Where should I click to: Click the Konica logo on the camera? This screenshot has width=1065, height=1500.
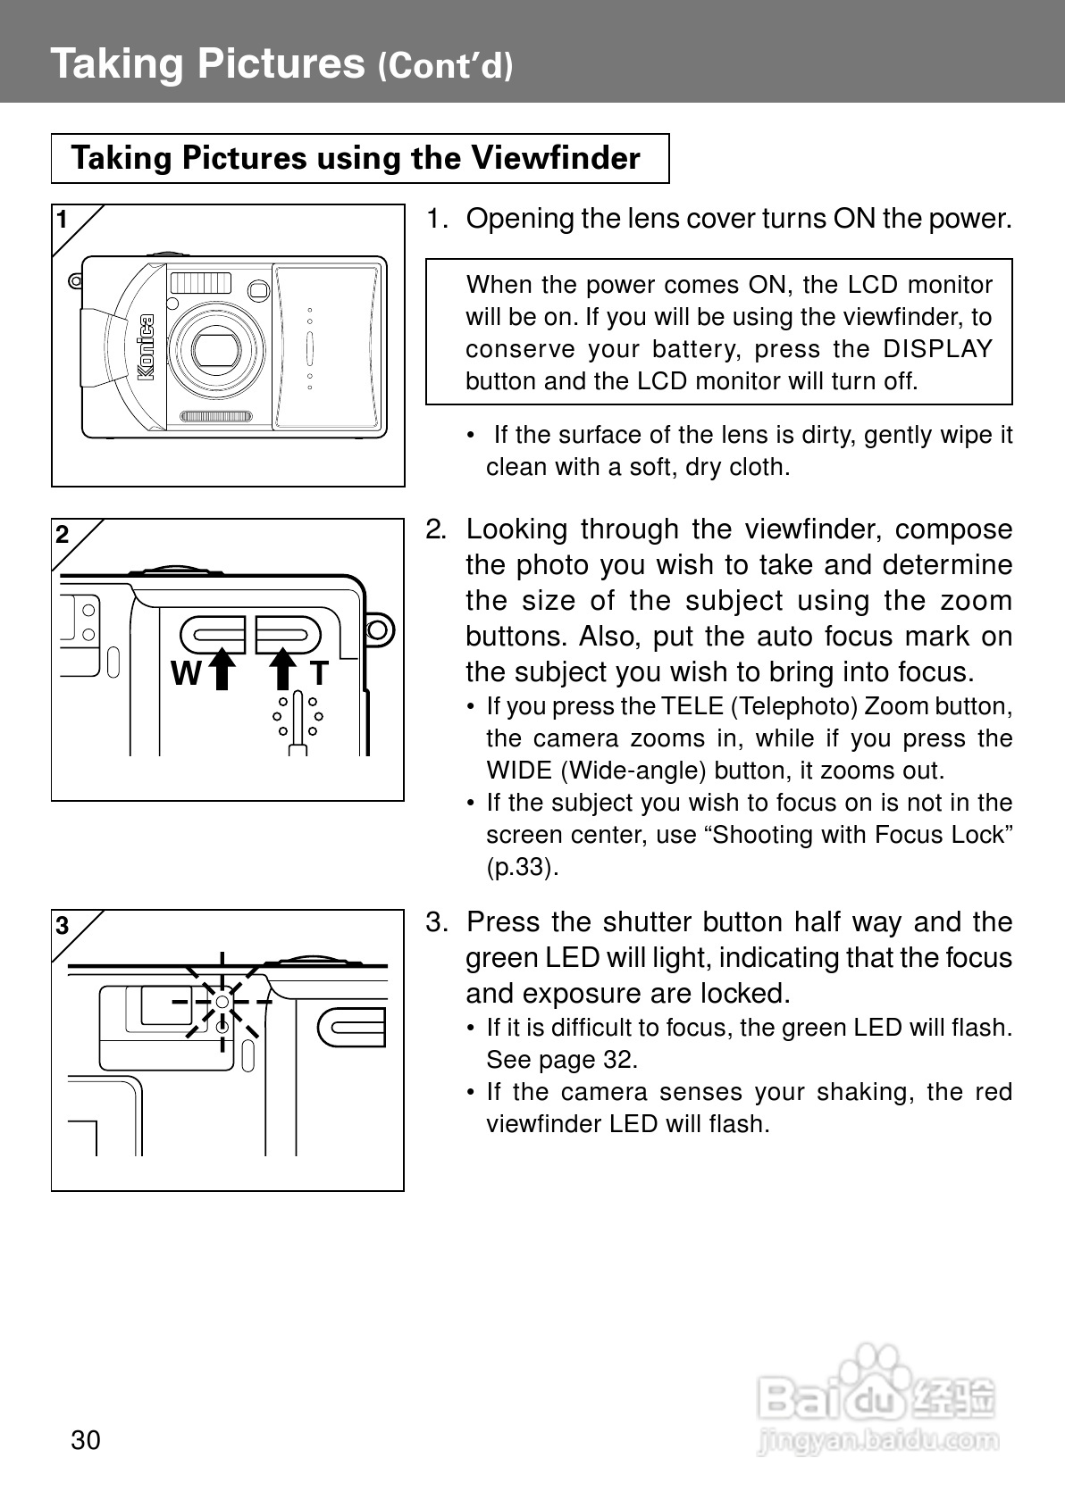(146, 347)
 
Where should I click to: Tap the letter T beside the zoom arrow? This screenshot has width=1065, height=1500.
(319, 673)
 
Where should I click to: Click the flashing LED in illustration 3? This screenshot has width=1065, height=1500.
(222, 1003)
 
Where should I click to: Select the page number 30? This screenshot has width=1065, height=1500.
(86, 1440)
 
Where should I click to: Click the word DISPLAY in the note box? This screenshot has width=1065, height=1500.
(937, 349)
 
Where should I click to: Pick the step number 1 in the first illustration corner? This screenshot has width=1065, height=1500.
(62, 220)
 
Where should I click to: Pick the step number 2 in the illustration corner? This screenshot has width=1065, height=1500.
(62, 535)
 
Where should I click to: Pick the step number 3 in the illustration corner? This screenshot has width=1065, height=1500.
(62, 926)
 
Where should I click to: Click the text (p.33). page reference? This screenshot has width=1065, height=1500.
(522, 867)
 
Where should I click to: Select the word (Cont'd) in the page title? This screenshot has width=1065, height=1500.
(445, 67)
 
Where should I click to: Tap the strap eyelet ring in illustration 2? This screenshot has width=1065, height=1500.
(379, 629)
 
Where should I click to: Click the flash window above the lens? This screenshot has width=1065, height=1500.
(201, 284)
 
